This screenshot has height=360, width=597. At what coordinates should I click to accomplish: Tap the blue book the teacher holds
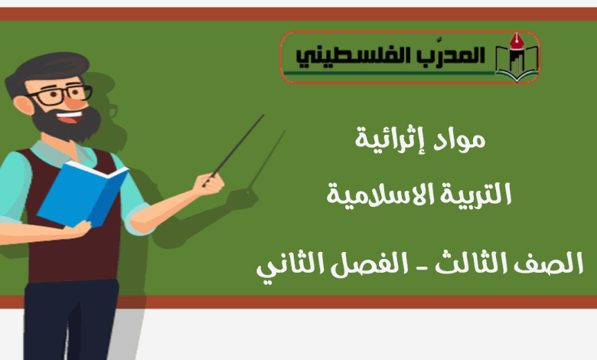tap(83, 194)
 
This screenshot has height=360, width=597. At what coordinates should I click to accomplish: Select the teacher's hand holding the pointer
tap(209, 185)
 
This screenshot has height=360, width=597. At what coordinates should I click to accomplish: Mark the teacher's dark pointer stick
tap(233, 150)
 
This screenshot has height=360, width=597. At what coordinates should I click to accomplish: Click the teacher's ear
tap(23, 105)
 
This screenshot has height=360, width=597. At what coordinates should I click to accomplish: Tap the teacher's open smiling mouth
tap(70, 117)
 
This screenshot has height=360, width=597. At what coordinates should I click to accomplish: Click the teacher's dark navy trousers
tap(71, 319)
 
